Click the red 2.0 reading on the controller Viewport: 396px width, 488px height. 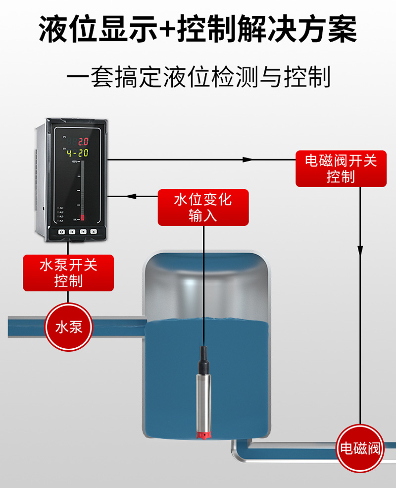(x=83, y=141)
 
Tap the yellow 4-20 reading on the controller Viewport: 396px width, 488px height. (x=78, y=153)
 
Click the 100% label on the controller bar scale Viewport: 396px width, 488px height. (x=74, y=162)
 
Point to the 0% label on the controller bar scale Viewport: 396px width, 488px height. (x=75, y=219)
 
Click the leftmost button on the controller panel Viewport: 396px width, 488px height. (x=61, y=231)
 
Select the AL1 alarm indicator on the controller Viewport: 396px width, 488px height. (x=60, y=208)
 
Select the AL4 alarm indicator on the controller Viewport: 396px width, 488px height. (x=60, y=220)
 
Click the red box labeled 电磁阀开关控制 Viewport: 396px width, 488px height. (x=341, y=168)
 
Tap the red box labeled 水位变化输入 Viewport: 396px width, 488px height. (x=203, y=207)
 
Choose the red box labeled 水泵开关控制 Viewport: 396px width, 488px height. (x=68, y=272)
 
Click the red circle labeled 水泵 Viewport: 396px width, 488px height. (x=68, y=327)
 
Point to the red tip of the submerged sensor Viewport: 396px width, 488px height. (x=203, y=434)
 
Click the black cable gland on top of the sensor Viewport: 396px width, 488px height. (x=203, y=359)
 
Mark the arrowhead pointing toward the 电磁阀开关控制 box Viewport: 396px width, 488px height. (x=247, y=160)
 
